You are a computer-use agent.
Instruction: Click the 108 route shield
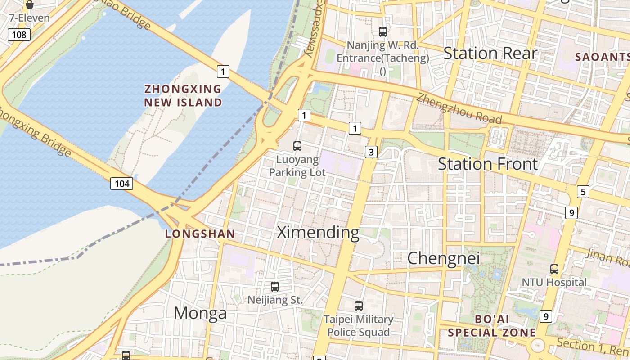19,35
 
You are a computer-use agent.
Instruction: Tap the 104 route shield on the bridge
122,183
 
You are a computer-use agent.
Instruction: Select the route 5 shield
583,192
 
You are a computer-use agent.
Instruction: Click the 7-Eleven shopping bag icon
30,5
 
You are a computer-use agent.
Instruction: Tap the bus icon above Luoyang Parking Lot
297,146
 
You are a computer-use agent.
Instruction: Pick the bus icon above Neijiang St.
275,286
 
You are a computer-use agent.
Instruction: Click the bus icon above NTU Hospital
554,269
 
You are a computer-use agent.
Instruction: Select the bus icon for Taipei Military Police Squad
359,306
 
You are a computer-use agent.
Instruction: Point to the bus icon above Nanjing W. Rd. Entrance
383,31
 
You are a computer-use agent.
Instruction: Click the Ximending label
318,233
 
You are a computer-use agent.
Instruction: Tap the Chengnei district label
443,258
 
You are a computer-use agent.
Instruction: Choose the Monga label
200,313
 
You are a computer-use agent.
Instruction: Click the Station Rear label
490,53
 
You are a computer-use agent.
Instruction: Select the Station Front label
488,164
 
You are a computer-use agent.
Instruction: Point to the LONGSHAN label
200,234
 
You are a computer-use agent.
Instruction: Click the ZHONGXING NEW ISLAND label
183,95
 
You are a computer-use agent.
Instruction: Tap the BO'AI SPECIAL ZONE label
492,326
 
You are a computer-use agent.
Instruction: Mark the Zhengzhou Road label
459,108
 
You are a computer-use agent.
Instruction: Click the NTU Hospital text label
554,282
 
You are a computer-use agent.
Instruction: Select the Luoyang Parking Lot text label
297,166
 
